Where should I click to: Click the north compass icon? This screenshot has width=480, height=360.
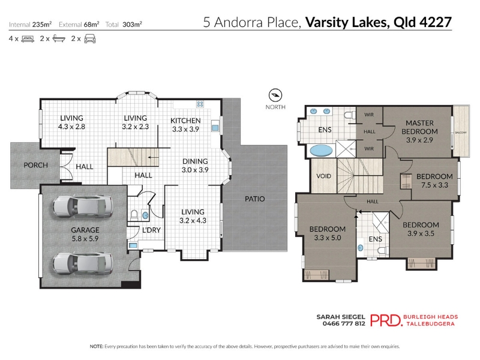[275, 95]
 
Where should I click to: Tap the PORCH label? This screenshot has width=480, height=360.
[36, 166]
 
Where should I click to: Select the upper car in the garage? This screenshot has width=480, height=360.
[83, 206]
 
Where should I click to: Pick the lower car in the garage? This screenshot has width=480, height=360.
[83, 263]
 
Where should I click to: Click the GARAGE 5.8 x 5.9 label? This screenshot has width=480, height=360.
[85, 234]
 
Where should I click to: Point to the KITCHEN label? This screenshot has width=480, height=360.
[185, 121]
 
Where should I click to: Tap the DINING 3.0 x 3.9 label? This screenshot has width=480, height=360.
[195, 166]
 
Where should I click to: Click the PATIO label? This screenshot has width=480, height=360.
[254, 199]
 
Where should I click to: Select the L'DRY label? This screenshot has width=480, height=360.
[151, 230]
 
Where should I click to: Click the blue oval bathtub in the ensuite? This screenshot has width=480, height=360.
[321, 151]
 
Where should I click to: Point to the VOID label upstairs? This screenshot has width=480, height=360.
[323, 176]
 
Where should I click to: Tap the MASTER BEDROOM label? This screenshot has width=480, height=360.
[419, 127]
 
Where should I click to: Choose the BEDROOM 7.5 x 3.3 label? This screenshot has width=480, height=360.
[434, 181]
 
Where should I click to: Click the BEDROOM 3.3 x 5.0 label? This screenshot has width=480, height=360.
[328, 233]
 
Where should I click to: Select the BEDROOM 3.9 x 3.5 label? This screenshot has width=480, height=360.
[421, 229]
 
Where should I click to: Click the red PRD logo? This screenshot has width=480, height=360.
[386, 320]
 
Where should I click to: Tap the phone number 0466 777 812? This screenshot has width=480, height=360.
[344, 323]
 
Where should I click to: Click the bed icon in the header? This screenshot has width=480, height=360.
[28, 39]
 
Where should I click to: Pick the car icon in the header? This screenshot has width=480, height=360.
[90, 39]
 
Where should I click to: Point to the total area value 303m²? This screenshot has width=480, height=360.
[132, 24]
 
